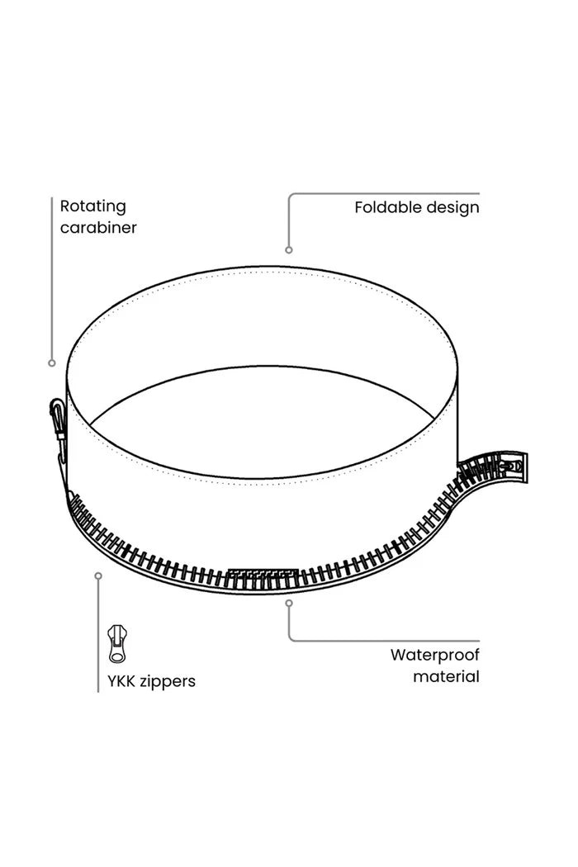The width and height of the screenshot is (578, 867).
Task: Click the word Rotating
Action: click(x=93, y=207)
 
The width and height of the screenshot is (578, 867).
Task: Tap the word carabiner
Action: click(x=98, y=228)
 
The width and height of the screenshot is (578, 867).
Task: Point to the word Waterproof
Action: click(x=435, y=656)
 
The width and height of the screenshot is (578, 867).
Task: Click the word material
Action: click(x=447, y=676)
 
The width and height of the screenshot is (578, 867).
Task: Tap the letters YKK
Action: click(x=121, y=681)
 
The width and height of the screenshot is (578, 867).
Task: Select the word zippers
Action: click(x=168, y=682)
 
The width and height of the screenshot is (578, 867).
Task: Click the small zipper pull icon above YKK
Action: click(x=116, y=643)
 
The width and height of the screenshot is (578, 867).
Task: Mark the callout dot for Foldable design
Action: click(x=289, y=250)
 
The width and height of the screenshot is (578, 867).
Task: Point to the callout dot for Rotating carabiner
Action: click(x=52, y=363)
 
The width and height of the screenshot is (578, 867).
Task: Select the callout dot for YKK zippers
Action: click(x=98, y=576)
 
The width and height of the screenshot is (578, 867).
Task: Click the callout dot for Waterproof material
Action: click(x=289, y=603)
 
